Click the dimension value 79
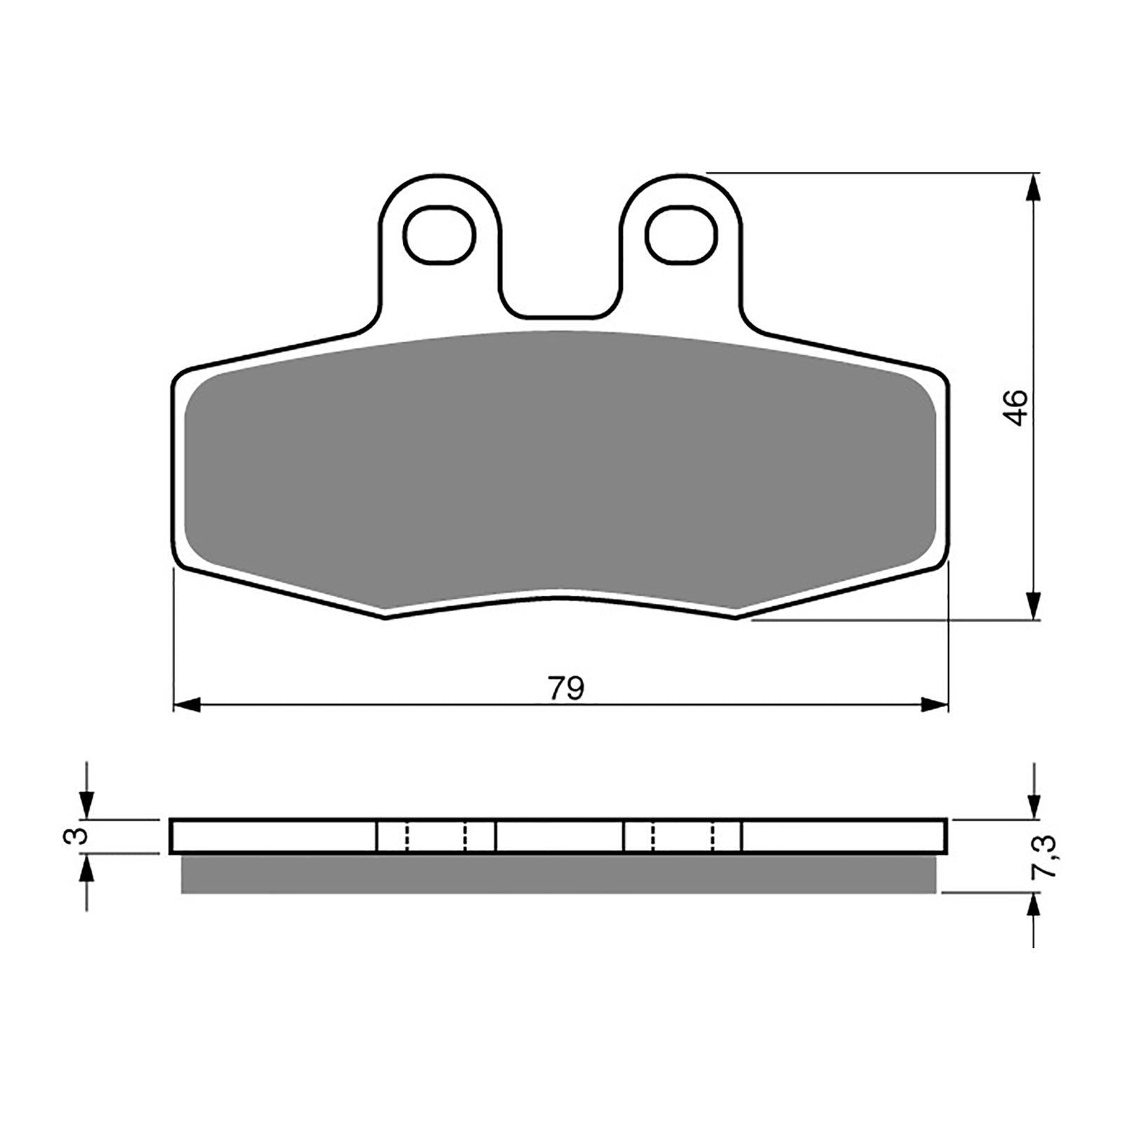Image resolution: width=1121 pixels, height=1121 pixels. pyautogui.click(x=565, y=689)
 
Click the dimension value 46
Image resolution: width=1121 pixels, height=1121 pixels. pyautogui.click(x=1017, y=408)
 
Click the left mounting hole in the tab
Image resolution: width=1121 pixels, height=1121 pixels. pyautogui.click(x=440, y=235)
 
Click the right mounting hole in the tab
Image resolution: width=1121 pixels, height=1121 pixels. pyautogui.click(x=682, y=235)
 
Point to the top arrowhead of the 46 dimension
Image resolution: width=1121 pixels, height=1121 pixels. pyautogui.click(x=1033, y=186)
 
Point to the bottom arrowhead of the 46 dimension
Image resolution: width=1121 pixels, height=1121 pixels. pyautogui.click(x=1033, y=606)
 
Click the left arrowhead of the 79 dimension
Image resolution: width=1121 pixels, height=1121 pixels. pyautogui.click(x=186, y=705)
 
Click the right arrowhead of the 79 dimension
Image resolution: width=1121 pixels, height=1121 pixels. pyautogui.click(x=935, y=705)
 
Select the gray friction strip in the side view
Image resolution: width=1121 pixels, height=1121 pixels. pyautogui.click(x=558, y=874)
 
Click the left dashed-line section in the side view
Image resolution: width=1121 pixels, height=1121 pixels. pyautogui.click(x=436, y=836)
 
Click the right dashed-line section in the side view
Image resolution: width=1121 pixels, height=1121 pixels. pyautogui.click(x=682, y=836)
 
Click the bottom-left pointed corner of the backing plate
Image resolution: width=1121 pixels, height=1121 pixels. pyautogui.click(x=386, y=617)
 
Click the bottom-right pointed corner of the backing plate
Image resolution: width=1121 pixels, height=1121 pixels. pyautogui.click(x=735, y=617)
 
